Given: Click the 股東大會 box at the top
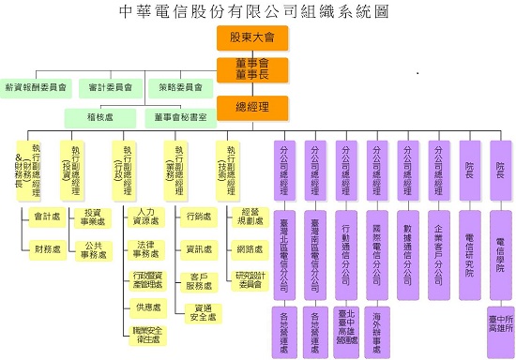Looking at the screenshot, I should coord(252,37).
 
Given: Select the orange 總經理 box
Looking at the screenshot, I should coord(252,106).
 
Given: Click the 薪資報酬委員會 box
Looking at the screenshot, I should coord(37,88).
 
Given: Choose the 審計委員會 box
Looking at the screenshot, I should coord(110,88).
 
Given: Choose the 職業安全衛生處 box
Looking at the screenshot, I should coord(145,335).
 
